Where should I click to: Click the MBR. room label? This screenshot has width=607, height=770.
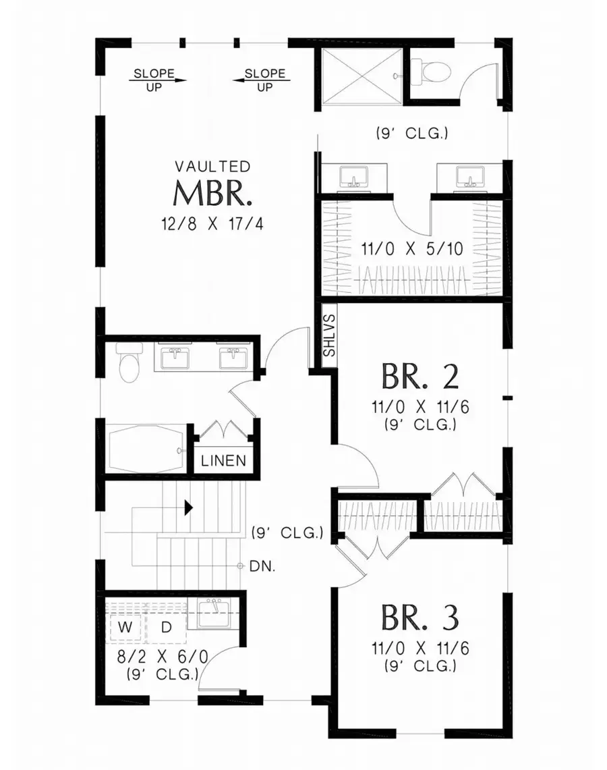213,194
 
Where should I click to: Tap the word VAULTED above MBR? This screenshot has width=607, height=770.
213,166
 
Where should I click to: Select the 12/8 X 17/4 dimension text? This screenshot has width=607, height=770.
213,224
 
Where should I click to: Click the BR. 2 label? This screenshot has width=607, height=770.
420,377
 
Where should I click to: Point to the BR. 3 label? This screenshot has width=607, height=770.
420,617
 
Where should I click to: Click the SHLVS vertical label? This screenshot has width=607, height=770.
328,335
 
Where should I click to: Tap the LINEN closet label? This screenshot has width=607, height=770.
223,462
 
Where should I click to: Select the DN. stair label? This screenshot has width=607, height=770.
260,566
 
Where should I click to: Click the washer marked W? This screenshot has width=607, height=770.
125,628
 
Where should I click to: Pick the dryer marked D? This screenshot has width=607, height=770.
166,628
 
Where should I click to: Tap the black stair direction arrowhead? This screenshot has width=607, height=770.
190,507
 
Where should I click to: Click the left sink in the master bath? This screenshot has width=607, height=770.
351,177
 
